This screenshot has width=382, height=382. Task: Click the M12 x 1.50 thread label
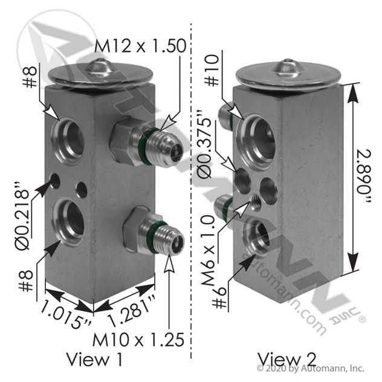pyautogui.click(x=140, y=46)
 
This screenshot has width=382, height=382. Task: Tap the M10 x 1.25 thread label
pyautogui.click(x=138, y=340)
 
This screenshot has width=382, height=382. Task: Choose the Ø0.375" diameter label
pyautogui.click(x=204, y=144)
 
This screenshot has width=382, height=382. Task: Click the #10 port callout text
pyautogui.click(x=212, y=70)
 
